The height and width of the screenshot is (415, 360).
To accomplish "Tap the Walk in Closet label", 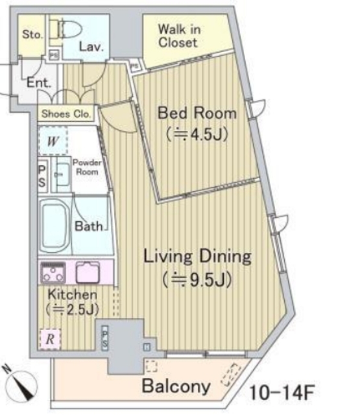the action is pyautogui.click(x=179, y=36).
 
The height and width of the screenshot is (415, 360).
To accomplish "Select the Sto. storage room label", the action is pyautogui.click(x=32, y=34).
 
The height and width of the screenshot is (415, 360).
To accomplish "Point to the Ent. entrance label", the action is pyautogui.click(x=39, y=82).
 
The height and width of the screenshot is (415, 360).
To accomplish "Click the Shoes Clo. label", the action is pyautogui.click(x=66, y=114).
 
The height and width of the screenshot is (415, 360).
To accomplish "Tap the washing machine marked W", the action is pyautogui.click(x=53, y=141).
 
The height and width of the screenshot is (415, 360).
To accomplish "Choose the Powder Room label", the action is pyautogui.click(x=87, y=167).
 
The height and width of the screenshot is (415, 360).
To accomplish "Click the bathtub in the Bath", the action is pyautogui.click(x=54, y=226).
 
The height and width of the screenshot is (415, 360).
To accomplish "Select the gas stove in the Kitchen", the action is pyautogui.click(x=53, y=272).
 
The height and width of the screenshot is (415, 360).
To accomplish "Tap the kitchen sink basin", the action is pyautogui.click(x=88, y=272).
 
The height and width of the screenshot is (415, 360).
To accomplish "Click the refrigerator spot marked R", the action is pyautogui.click(x=51, y=339).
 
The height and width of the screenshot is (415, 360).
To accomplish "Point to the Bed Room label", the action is pyautogui.click(x=197, y=113).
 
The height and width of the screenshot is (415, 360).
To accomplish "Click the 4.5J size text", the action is pyautogui.click(x=197, y=134).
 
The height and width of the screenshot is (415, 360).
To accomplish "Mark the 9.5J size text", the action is pyautogui.click(x=197, y=280).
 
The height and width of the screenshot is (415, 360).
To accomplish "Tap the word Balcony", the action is pyautogui.click(x=176, y=386).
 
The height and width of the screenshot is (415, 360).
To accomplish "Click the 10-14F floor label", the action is pyautogui.click(x=282, y=393).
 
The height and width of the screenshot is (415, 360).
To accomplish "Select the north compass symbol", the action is pyautogui.click(x=21, y=383).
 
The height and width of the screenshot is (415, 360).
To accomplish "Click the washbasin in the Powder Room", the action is pyautogui.click(x=62, y=174).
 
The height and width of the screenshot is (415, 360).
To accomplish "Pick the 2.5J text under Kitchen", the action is pyautogui.click(x=72, y=309).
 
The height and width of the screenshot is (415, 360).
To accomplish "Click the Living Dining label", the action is pyautogui.click(x=197, y=257).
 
